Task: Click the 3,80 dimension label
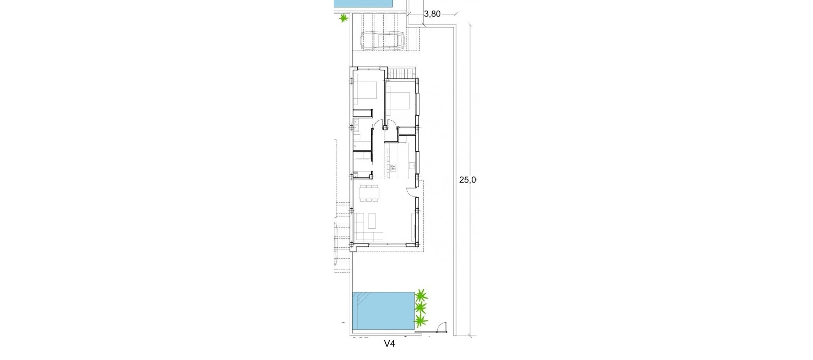click(432, 14)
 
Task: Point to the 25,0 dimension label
click(468, 180)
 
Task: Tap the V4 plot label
click(389, 344)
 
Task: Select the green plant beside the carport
click(343, 18)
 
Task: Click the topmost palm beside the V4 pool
click(421, 295)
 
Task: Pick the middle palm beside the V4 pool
click(420, 307)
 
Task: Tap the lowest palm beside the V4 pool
click(420, 321)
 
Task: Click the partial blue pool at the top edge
click(364, 3)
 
